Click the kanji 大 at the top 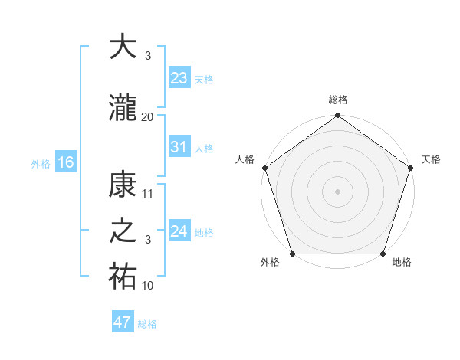(x=123, y=47)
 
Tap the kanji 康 (x=123, y=185)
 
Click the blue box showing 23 (x=179, y=77)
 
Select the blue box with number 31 (x=179, y=147)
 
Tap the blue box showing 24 (x=179, y=231)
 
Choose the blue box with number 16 (x=65, y=162)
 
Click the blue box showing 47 (x=123, y=322)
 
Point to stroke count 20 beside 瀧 (x=148, y=116)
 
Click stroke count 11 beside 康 (x=148, y=194)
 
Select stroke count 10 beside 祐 (x=148, y=286)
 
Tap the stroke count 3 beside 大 (x=148, y=57)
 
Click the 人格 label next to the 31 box (x=204, y=148)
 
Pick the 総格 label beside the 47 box (x=147, y=323)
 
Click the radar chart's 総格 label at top (x=337, y=100)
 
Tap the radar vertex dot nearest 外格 (x=292, y=254)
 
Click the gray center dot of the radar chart (x=337, y=191)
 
